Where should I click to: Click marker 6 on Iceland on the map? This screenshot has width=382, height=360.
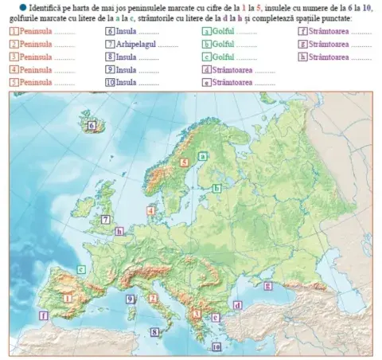click(x=92, y=125)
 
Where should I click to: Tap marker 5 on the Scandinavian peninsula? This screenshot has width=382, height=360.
click(x=185, y=162)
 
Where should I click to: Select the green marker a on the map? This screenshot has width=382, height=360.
click(x=203, y=157)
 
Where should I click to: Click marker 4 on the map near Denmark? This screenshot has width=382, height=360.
click(x=151, y=210)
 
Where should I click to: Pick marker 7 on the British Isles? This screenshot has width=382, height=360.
click(x=105, y=219)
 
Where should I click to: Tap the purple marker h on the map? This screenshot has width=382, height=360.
click(x=119, y=232)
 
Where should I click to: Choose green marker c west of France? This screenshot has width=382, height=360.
click(x=81, y=269)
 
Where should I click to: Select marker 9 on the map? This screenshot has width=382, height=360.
click(x=130, y=299)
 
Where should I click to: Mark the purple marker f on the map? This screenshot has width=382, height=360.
click(x=43, y=315)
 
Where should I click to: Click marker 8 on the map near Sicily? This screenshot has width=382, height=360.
click(x=155, y=332)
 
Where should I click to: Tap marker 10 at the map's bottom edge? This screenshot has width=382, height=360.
click(x=216, y=347)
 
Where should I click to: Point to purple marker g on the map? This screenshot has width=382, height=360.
click(x=267, y=285)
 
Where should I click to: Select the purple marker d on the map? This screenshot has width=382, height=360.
click(x=237, y=305)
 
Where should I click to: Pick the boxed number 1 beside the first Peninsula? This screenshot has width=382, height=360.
click(x=14, y=31)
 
